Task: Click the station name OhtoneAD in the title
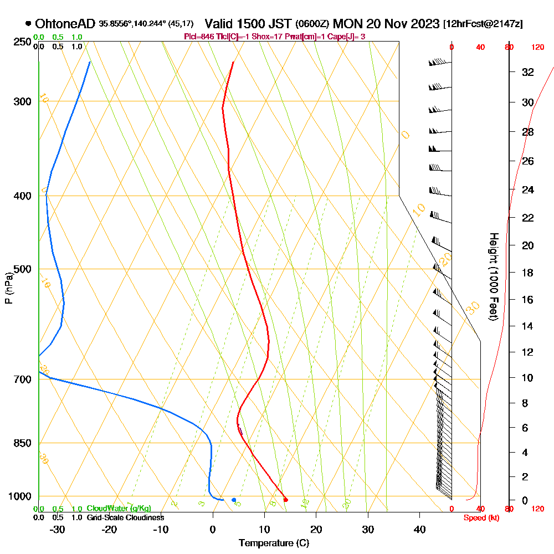(65, 24)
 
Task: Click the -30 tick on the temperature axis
(58, 529)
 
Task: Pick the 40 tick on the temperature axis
(419, 529)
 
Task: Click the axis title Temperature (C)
(274, 543)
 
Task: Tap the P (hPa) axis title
(8, 288)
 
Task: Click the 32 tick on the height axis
(527, 72)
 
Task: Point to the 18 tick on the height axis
(527, 273)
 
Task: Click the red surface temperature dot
(285, 500)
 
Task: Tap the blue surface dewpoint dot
(234, 500)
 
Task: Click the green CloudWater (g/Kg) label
(119, 509)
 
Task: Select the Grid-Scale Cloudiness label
(125, 517)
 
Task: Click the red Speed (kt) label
(480, 517)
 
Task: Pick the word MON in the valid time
(350, 24)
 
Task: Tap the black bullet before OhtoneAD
(28, 24)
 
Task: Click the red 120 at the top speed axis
(537, 47)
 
